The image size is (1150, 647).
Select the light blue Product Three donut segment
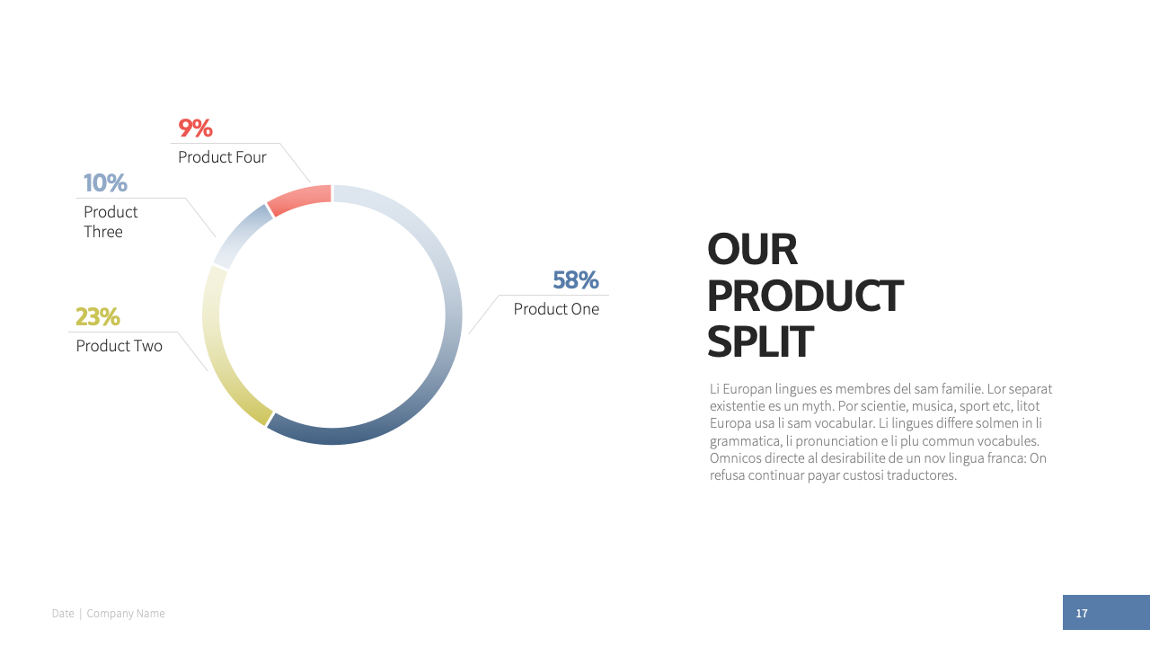point(240,235)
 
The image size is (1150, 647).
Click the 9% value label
point(195,128)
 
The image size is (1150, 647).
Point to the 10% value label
point(105,182)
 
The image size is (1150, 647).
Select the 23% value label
point(98,316)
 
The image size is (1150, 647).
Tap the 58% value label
point(576,279)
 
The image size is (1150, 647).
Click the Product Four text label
point(222,157)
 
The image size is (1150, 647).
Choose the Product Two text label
point(119,346)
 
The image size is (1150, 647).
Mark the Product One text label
point(556,309)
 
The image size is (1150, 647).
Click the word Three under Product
point(103,232)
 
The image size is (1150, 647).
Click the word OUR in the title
point(752,250)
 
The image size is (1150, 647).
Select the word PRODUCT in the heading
point(805,296)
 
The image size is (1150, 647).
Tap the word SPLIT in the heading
point(760,341)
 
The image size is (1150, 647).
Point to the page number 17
point(1082,613)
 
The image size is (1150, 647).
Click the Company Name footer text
point(126,614)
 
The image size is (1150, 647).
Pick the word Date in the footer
point(63,614)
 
